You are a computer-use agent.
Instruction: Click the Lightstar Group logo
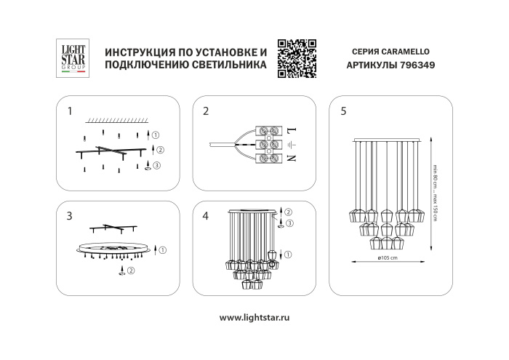(x=72, y=57)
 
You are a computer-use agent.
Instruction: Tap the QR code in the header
(x=297, y=57)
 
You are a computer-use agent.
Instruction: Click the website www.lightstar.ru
(x=254, y=318)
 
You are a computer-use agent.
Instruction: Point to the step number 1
(x=69, y=111)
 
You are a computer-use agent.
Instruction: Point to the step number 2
(x=206, y=111)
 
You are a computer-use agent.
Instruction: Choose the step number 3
(x=69, y=216)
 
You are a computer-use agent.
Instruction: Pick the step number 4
(x=206, y=216)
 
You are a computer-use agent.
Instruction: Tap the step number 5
(x=342, y=111)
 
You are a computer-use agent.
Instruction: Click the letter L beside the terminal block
(x=289, y=131)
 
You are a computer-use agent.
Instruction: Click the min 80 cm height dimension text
(x=433, y=175)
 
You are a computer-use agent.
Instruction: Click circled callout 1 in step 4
(x=289, y=254)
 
